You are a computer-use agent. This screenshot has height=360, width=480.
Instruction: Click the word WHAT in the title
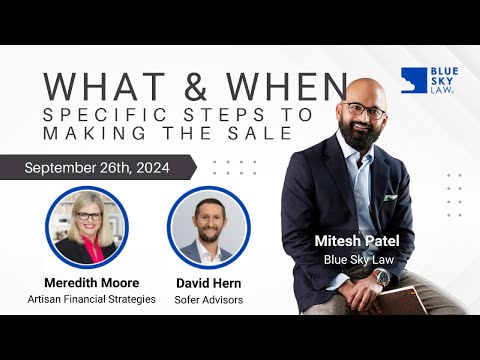pyautogui.click(x=101, y=84)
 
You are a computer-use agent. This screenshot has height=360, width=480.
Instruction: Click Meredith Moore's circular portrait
pyautogui.click(x=87, y=226)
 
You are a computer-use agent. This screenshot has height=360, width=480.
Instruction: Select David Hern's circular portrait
pyautogui.click(x=207, y=226)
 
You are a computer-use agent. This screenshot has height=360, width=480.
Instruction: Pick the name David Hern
pyautogui.click(x=207, y=282)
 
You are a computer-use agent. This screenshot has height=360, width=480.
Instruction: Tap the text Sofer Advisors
pyautogui.click(x=207, y=299)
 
